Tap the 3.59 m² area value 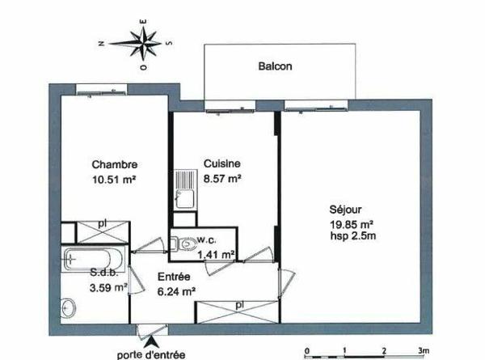(108, 286)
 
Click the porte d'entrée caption (150, 354)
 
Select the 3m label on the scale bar (422, 350)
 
